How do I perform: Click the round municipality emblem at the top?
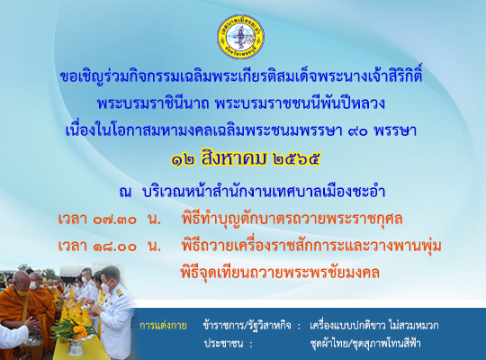[240, 37]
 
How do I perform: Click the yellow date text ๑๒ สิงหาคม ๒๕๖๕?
[245, 158]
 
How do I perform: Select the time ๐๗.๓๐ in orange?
[115, 220]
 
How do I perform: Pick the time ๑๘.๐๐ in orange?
[115, 247]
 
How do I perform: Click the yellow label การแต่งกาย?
[163, 326]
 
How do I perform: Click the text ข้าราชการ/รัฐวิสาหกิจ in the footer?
[247, 326]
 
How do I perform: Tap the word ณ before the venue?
[125, 193]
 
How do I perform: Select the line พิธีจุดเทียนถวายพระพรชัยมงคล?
[280, 273]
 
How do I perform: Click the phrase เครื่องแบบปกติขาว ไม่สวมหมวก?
[374, 326]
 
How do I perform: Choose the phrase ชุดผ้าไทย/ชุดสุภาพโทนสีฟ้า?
[365, 343]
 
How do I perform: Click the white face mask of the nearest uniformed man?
[105, 287]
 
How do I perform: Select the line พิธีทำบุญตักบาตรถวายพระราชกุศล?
[292, 219]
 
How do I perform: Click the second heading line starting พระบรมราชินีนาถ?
[241, 103]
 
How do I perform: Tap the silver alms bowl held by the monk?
[33, 338]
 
